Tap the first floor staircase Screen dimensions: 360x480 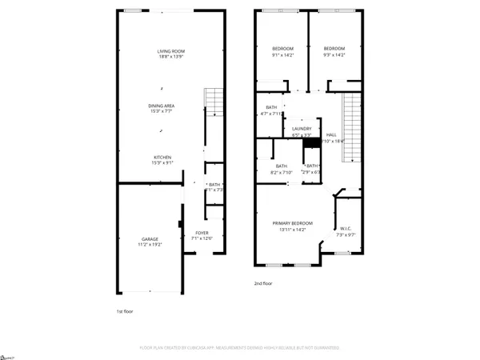(212, 103)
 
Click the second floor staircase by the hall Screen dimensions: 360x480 (350, 126)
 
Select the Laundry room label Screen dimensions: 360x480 (301, 129)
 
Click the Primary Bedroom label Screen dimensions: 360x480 (291, 223)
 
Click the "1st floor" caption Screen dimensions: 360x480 (125, 310)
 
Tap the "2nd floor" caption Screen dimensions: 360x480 (262, 282)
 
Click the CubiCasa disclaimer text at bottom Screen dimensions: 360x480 (240, 348)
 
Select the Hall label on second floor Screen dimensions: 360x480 (331, 135)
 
